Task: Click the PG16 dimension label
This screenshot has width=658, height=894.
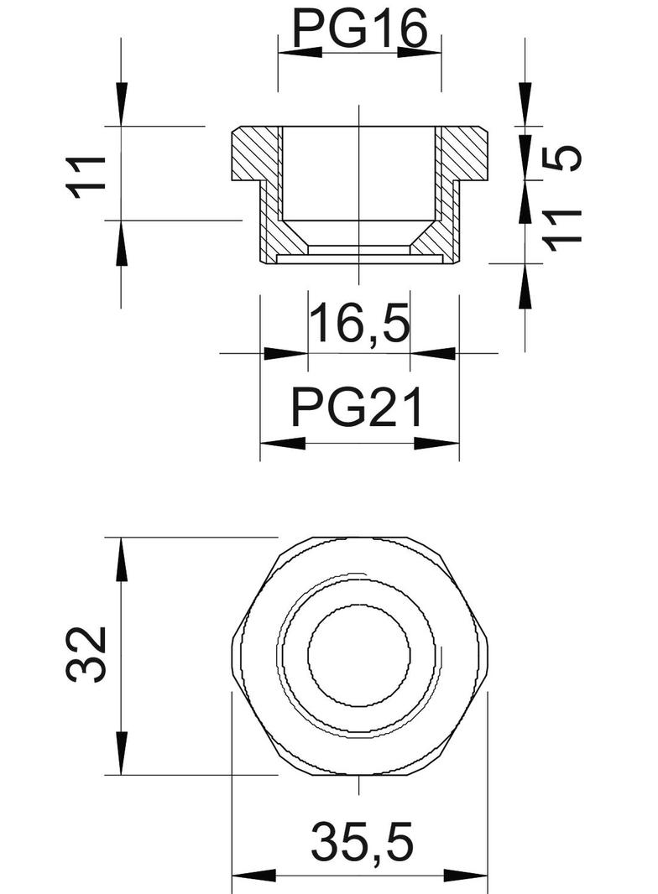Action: (x=359, y=29)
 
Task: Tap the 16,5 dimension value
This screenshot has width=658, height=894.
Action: (x=359, y=325)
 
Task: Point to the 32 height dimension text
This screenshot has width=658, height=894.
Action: (x=88, y=654)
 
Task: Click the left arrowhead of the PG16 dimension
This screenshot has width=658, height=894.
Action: (x=299, y=52)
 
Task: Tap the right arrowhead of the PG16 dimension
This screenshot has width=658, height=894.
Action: (x=420, y=52)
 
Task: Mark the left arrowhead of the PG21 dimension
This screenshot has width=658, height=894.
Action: (x=282, y=443)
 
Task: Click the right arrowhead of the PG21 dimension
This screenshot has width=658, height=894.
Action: (x=437, y=443)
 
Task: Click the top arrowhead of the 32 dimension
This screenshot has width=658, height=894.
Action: (x=122, y=559)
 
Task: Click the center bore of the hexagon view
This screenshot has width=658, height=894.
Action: (x=359, y=655)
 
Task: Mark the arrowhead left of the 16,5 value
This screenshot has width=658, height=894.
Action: (x=285, y=353)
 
